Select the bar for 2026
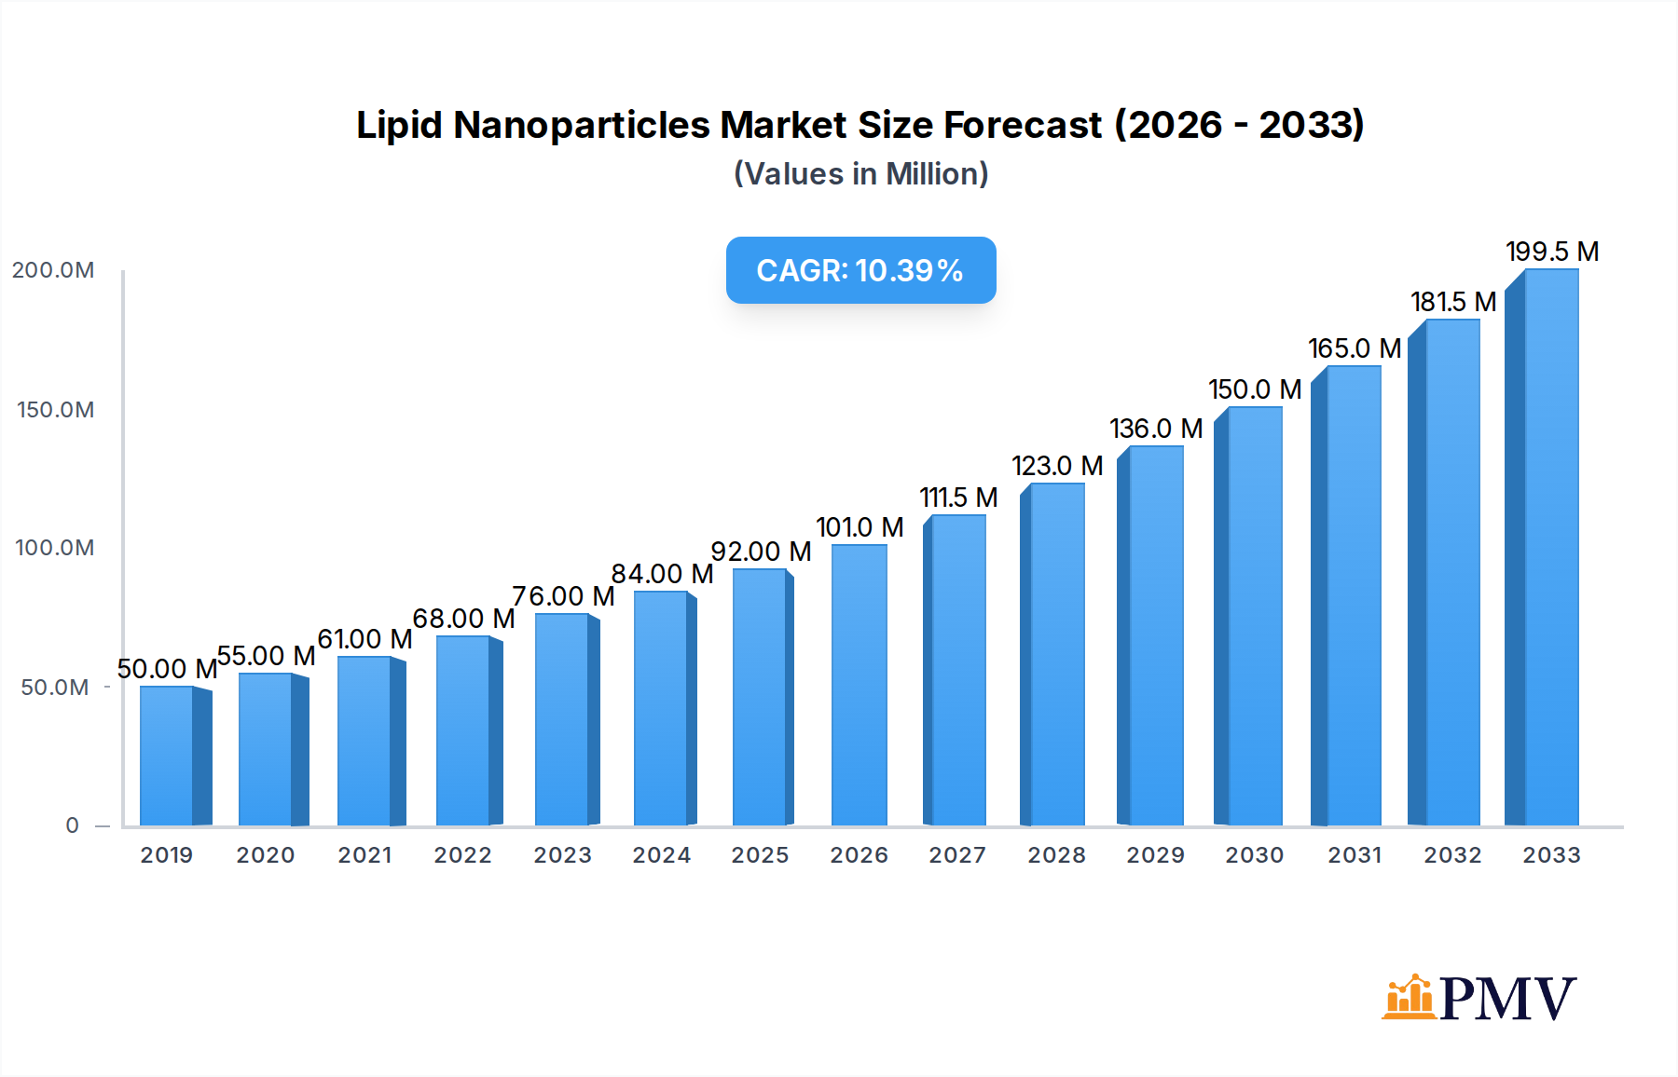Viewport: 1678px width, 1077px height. [859, 686]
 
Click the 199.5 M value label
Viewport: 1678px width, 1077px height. [1552, 252]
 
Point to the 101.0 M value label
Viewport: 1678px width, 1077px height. [860, 527]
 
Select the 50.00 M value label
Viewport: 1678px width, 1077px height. [167, 669]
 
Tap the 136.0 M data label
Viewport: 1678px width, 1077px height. [1156, 429]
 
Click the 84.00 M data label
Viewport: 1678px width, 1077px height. [662, 574]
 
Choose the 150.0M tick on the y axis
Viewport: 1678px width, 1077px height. [55, 410]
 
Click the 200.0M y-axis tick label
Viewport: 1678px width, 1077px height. [53, 270]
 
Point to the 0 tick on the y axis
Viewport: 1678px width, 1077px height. [72, 825]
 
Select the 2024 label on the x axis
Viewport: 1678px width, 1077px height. [661, 855]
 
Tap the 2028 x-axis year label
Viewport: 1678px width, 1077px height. [1056, 855]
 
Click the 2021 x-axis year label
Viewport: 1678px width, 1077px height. [364, 855]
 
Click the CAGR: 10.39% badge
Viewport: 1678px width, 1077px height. [860, 270]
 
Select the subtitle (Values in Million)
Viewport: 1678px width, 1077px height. [860, 174]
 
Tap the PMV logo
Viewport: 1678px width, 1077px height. [1479, 998]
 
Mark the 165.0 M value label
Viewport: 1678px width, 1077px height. [1354, 348]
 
